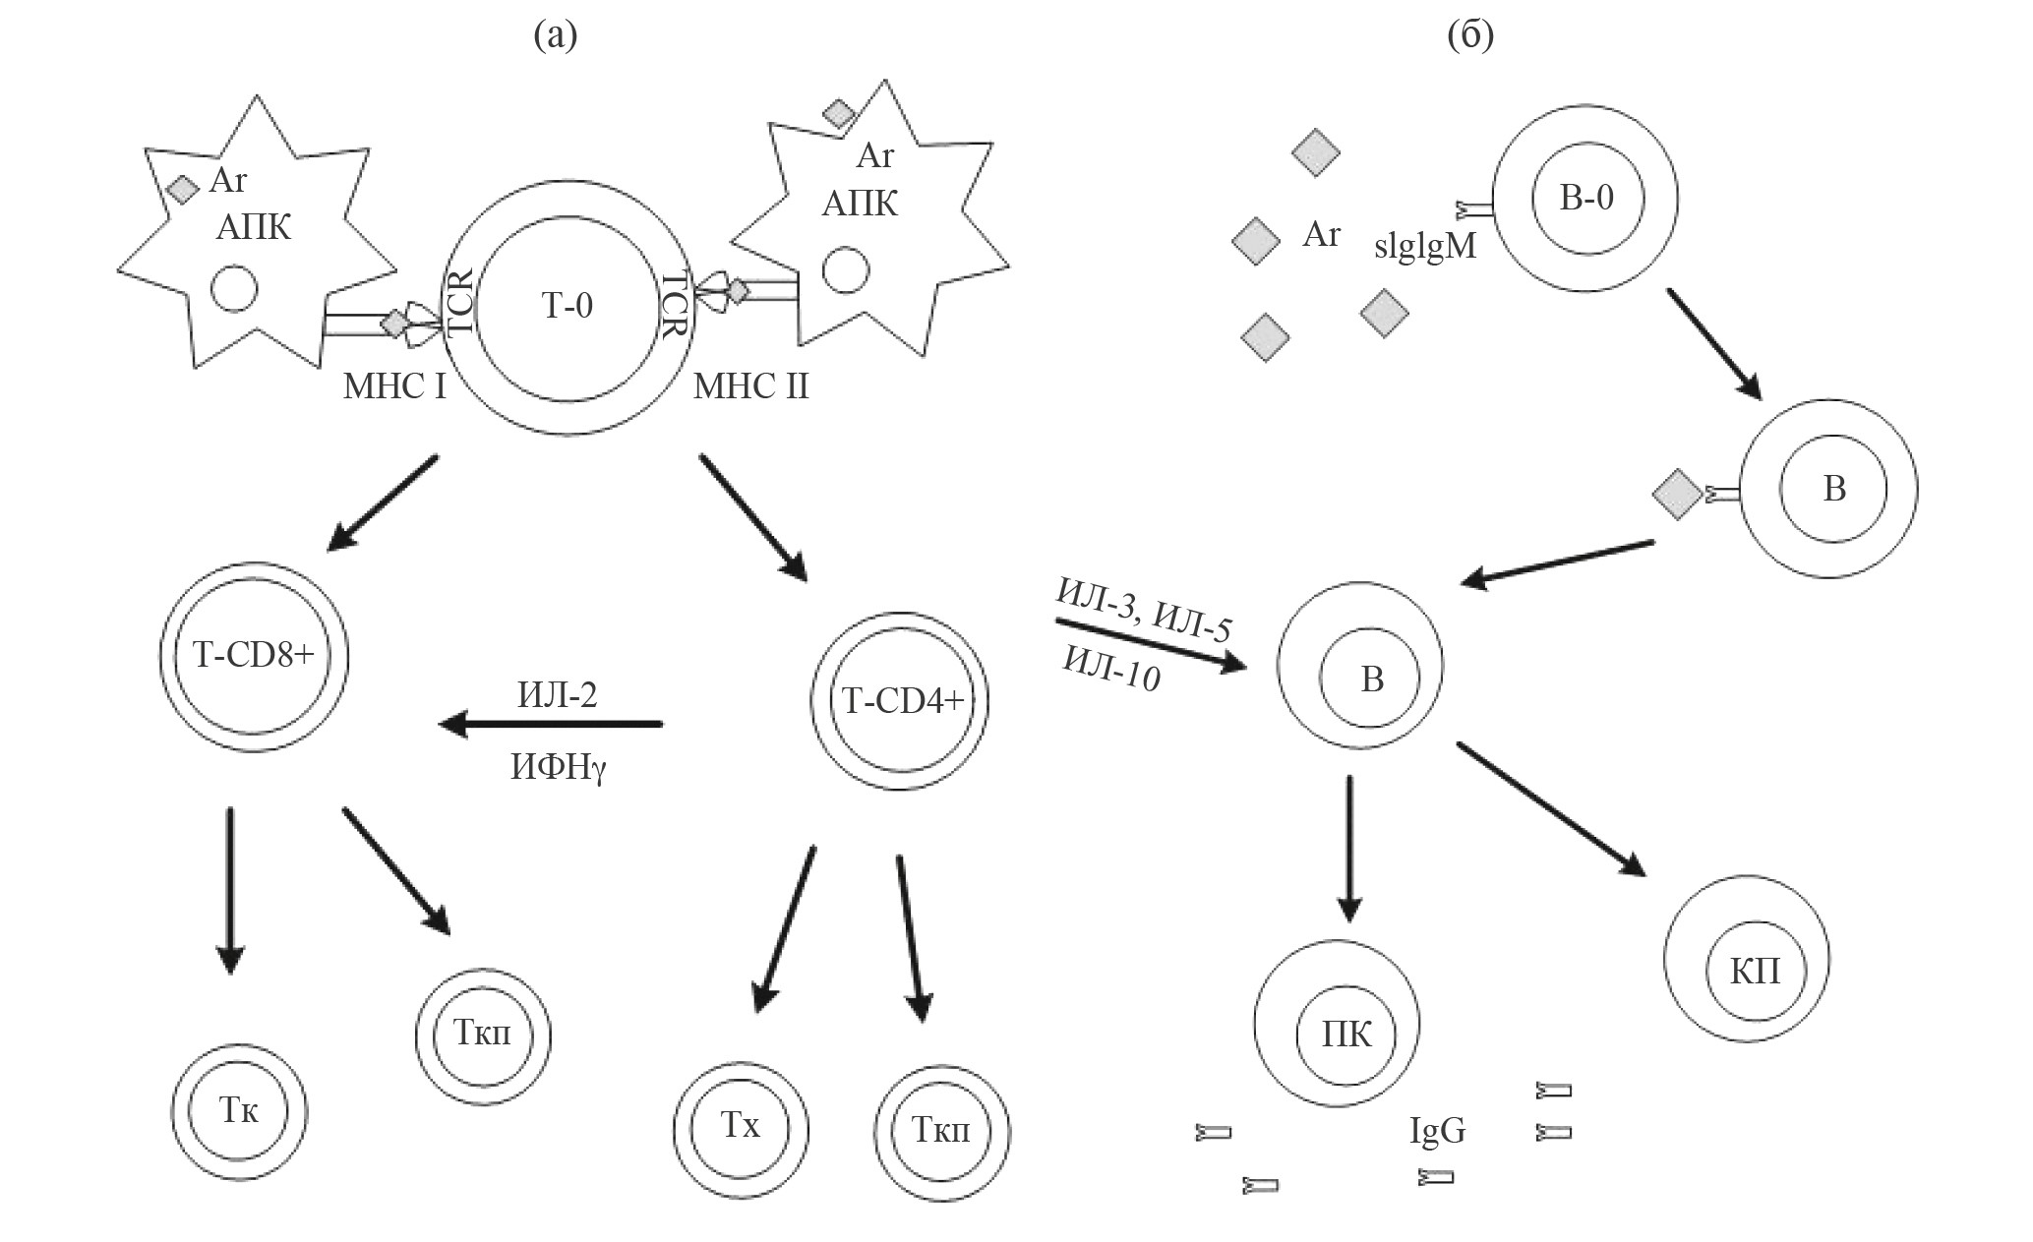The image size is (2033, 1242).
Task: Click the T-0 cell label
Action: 568,307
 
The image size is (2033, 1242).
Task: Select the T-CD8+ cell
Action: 253,656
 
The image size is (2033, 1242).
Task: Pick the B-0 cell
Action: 1585,199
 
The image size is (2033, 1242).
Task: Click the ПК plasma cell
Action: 1346,1034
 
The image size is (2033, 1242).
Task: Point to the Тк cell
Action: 239,1111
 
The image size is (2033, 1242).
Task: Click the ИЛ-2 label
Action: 557,694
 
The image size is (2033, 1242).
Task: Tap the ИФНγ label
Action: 559,768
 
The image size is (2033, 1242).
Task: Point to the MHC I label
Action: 394,386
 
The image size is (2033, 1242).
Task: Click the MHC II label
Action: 751,386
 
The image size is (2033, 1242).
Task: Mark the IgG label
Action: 1437,1131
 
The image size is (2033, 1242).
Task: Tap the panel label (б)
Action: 1470,35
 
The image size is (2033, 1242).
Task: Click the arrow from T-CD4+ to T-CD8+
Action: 551,725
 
